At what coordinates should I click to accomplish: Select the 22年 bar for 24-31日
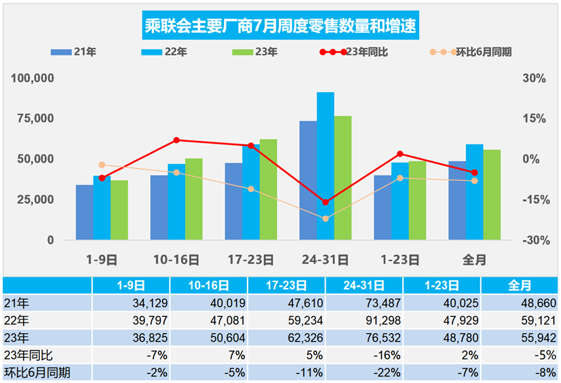(326, 166)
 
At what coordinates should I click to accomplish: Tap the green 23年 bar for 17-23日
(269, 190)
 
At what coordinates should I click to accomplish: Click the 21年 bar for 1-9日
(84, 212)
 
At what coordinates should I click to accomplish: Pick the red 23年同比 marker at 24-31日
(326, 202)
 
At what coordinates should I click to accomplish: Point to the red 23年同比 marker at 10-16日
(176, 140)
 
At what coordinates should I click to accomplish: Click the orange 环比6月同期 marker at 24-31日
(326, 219)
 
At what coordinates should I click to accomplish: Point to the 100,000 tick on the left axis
(33, 79)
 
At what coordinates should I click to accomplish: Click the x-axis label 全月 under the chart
(475, 260)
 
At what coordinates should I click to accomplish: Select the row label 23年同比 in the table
(30, 355)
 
